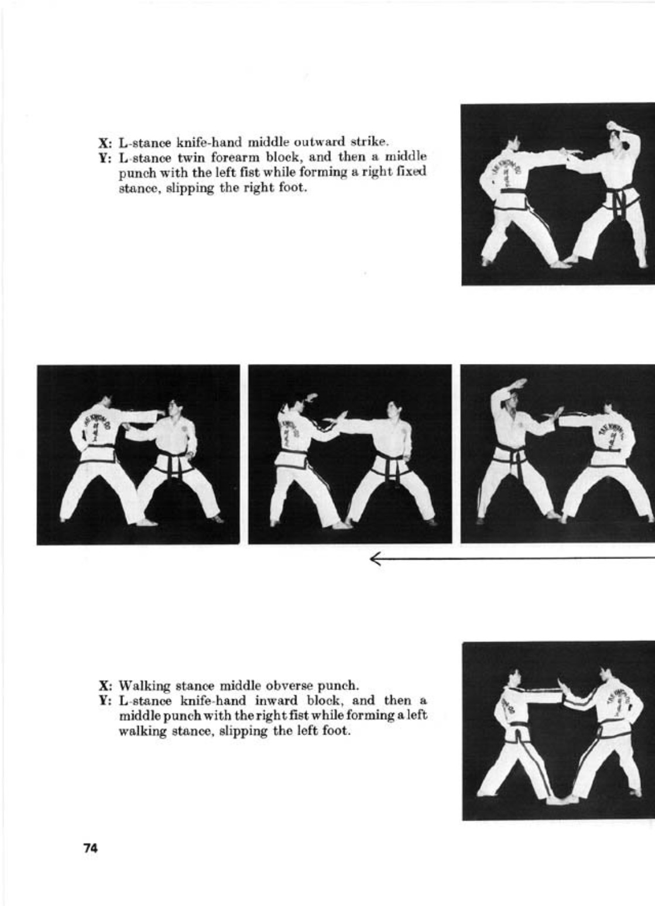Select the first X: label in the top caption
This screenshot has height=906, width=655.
[105, 143]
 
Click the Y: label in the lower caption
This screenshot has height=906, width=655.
[105, 701]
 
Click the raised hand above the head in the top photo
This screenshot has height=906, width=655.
[615, 125]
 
